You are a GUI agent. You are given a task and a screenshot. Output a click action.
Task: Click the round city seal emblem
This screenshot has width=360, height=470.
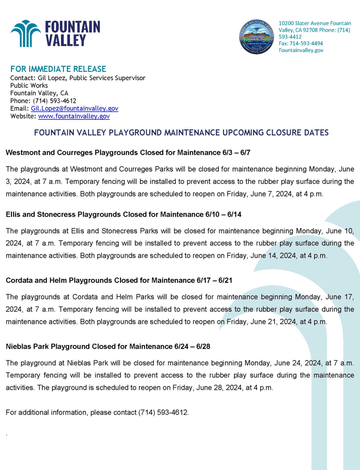[257, 36]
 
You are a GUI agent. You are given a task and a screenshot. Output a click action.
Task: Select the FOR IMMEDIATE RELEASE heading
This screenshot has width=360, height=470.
[58, 69]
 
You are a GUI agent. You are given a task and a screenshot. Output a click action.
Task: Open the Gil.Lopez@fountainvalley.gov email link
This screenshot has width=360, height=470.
[74, 108]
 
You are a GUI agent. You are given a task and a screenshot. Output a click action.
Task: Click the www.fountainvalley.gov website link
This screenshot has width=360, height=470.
[74, 116]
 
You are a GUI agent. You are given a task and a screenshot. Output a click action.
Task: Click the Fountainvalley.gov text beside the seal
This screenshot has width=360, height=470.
[301, 50]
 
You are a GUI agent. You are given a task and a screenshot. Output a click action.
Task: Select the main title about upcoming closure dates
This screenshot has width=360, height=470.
[181, 133]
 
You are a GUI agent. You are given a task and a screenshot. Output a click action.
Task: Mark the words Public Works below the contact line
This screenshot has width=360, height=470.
[29, 86]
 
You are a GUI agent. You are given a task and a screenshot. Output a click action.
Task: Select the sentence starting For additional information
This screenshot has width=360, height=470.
[97, 412]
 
